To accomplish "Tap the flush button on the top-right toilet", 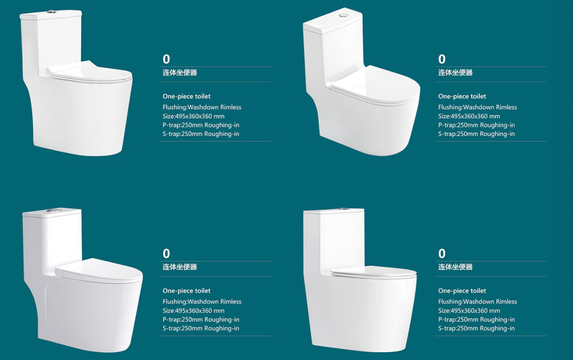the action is click(x=344, y=15).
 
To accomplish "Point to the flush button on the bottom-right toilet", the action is click(x=344, y=209).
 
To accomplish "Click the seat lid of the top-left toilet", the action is click(x=88, y=71).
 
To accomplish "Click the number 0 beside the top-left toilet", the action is click(x=166, y=59).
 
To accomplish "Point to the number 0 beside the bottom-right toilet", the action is click(x=442, y=254).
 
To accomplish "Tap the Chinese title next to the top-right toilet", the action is click(x=455, y=73).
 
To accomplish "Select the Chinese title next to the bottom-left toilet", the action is click(x=180, y=267).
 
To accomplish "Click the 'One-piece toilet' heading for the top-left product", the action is click(x=186, y=96).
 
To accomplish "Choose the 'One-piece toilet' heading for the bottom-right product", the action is click(x=462, y=291).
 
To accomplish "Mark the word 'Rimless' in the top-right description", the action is click(x=506, y=107).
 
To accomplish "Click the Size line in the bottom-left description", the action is click(x=193, y=311).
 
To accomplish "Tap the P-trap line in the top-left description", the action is click(x=201, y=125).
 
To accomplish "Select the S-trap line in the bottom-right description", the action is click(x=476, y=328).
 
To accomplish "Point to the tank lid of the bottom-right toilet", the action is click(x=334, y=211).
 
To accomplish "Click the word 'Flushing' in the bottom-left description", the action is click(x=174, y=302).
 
